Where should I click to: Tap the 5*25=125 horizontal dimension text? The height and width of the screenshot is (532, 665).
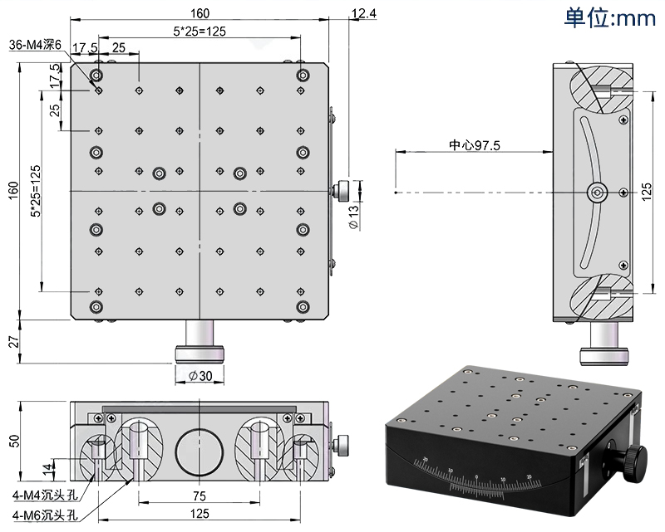point(199,31)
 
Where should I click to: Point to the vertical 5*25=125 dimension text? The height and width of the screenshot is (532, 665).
point(35,190)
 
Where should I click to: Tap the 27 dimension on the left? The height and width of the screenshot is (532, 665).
point(12,341)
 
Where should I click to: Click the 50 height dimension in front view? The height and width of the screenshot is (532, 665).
point(12,440)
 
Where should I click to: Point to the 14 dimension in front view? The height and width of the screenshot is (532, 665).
point(46,468)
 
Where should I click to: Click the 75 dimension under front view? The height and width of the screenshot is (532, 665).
point(199,495)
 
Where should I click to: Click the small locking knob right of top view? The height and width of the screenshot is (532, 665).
point(341,191)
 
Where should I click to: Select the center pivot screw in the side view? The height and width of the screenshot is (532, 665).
point(596,192)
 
